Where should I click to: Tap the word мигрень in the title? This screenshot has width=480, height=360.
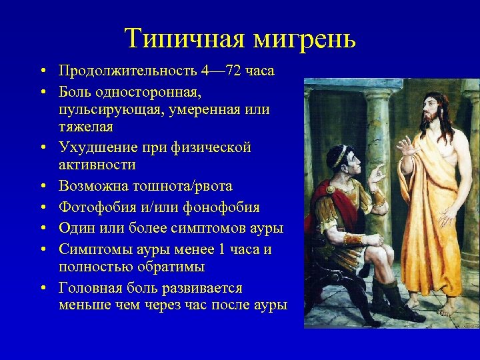(305, 39)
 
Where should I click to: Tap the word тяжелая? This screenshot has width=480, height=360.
(86, 127)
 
